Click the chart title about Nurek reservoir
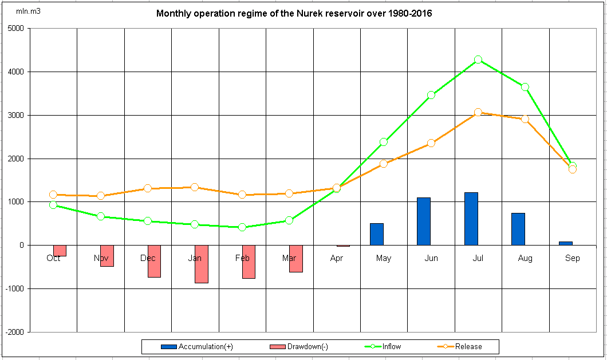294,13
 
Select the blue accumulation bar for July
471,219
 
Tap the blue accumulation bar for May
377,234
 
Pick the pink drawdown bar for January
201,264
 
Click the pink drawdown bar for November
107,256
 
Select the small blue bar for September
566,243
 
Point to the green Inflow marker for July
478,60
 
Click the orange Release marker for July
478,112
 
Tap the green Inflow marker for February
242,227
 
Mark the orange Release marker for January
195,187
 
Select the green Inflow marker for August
525,87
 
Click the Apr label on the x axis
337,259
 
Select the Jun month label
431,259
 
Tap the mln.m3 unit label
28,11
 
